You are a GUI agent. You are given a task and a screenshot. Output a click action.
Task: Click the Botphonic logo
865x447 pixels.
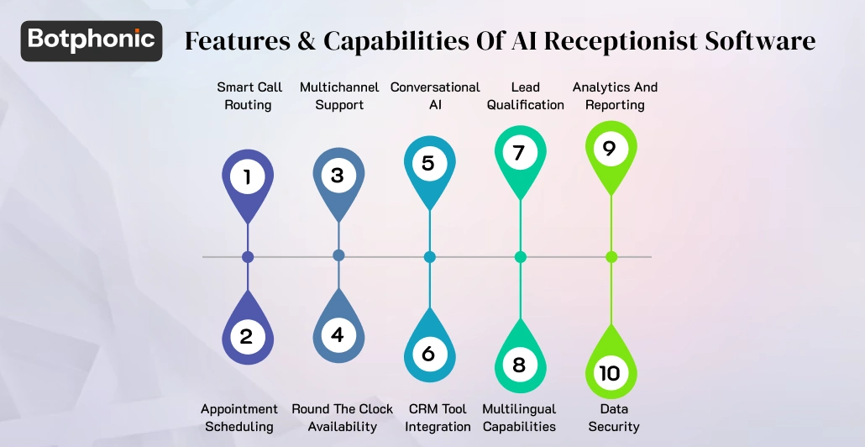(x=92, y=40)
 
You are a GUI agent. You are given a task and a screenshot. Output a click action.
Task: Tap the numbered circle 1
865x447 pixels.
(x=247, y=177)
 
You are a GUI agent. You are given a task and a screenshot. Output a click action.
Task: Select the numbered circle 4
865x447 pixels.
(x=338, y=335)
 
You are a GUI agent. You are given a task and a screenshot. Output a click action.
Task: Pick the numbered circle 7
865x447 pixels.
(x=519, y=153)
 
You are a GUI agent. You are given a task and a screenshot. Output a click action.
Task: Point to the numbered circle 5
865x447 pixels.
(x=428, y=162)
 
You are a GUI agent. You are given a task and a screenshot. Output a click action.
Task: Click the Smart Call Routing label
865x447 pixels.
(x=248, y=96)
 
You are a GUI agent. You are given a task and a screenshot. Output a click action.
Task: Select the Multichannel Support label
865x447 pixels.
(x=339, y=96)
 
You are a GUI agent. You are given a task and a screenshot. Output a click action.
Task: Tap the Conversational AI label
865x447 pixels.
(x=435, y=96)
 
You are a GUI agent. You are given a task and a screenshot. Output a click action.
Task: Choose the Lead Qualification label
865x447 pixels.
(x=526, y=96)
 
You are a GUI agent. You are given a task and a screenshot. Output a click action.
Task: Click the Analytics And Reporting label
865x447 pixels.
(x=616, y=96)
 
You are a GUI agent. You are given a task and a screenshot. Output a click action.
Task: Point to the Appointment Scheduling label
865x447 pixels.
(x=239, y=418)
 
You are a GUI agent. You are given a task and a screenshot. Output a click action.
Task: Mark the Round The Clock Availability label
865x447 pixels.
(x=343, y=418)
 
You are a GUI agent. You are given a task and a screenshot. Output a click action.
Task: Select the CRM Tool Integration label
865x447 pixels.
(x=438, y=418)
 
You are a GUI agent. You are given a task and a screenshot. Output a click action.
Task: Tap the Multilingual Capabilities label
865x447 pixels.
(x=519, y=418)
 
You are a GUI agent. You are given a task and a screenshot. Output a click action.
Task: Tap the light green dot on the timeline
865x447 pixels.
(x=611, y=256)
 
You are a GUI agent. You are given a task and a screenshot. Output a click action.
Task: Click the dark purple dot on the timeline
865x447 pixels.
(x=247, y=256)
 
